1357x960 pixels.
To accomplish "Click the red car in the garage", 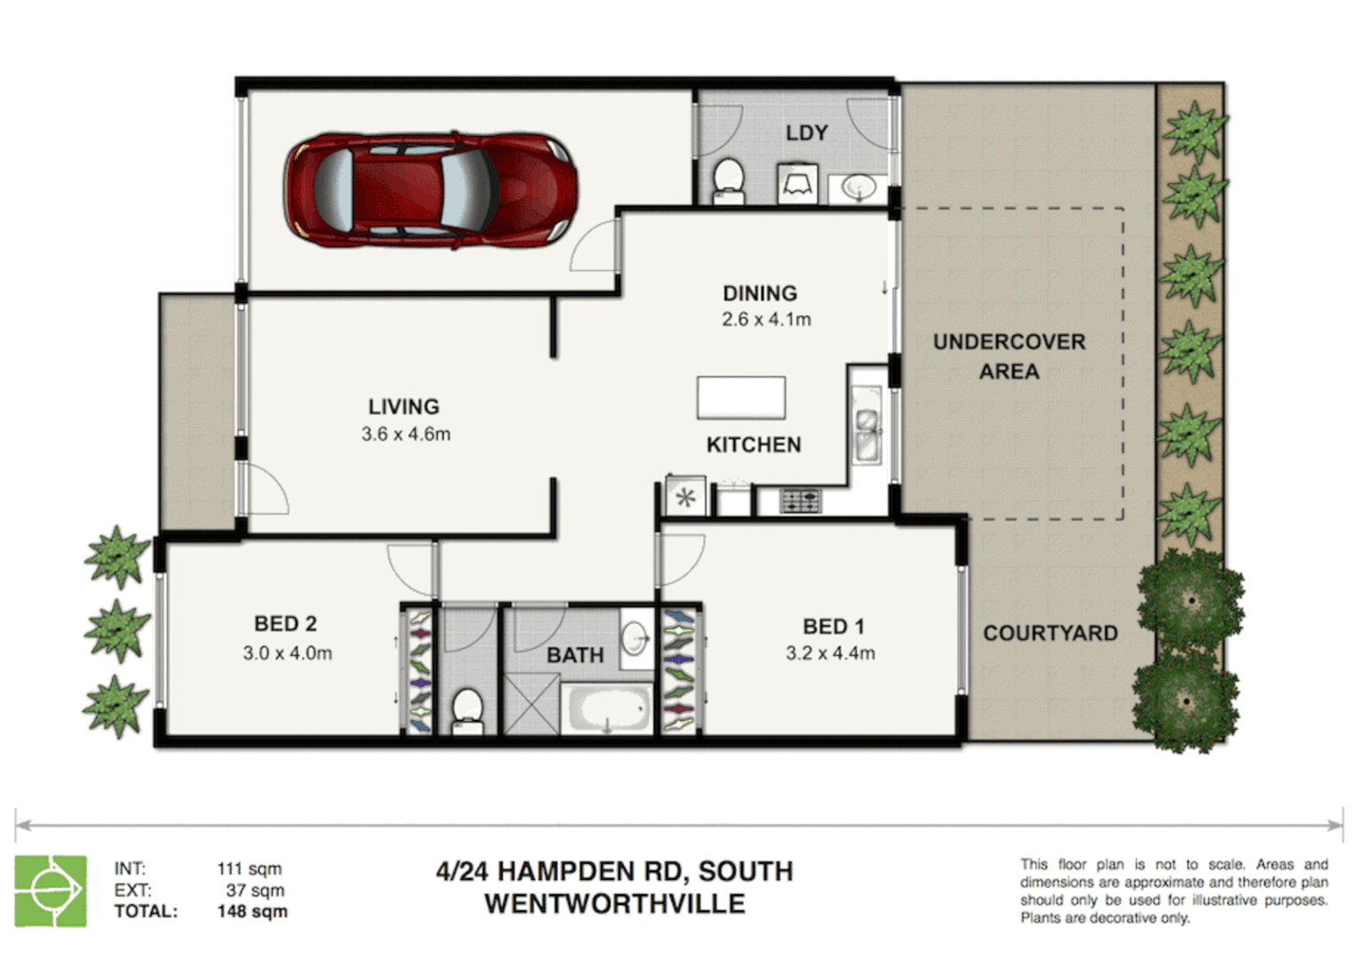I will [430, 189].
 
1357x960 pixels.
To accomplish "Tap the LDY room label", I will [806, 133].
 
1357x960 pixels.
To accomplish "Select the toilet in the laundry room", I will [728, 179].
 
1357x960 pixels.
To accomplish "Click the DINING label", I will [760, 293].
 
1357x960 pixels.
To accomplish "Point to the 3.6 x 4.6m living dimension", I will [405, 435].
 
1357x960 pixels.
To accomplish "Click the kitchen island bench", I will [741, 397].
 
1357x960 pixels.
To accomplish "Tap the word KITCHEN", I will [754, 444].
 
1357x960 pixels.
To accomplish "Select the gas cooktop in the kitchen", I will [800, 501].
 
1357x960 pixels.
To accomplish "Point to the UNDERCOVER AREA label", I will [1009, 356].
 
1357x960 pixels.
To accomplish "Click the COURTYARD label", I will [1050, 634].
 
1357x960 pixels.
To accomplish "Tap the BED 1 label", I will [833, 627].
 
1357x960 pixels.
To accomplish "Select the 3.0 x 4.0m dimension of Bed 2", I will [287, 653].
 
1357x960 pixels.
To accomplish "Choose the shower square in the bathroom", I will [531, 704].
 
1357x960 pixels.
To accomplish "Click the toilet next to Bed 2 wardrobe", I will [467, 710].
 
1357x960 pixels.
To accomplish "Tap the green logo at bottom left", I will [51, 891].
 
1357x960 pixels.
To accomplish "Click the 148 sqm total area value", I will [252, 911].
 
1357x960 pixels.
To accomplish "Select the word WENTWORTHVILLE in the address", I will [614, 904].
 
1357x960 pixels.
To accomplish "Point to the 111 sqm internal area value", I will [249, 868].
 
